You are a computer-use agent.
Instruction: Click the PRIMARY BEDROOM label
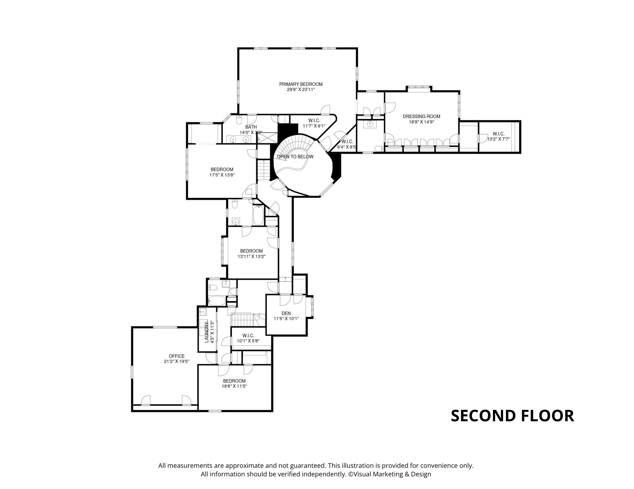coord(301,84)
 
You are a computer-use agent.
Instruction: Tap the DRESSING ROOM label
coord(421,116)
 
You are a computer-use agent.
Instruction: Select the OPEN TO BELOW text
coord(295,157)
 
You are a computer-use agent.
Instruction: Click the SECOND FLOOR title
coord(512,416)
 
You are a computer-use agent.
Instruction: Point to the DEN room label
coord(286,313)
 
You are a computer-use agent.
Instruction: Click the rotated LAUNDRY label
coord(207,331)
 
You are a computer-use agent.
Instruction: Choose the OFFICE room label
coord(177,356)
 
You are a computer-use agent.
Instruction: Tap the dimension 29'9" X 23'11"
coord(301,90)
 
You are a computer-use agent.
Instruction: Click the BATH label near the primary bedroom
coord(251,127)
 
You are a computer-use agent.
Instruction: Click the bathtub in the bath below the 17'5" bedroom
coord(258,215)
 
